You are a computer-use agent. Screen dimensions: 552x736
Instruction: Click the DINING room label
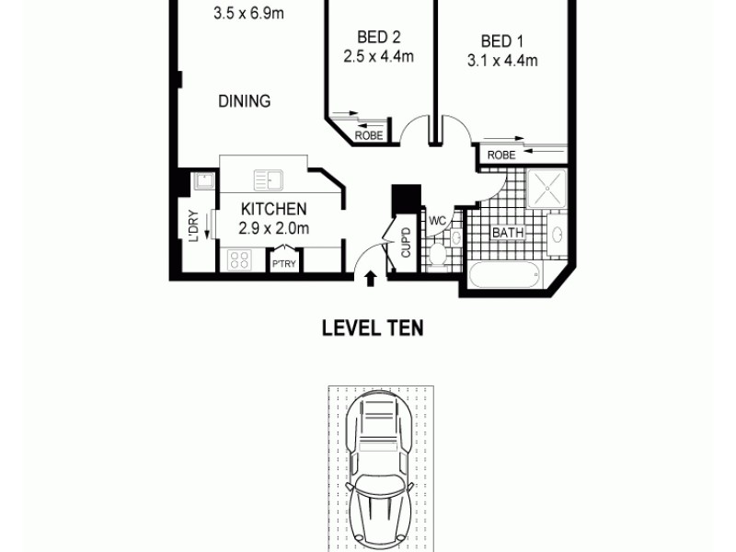pyautogui.click(x=244, y=101)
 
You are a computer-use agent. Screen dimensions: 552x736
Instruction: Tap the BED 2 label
pyautogui.click(x=379, y=38)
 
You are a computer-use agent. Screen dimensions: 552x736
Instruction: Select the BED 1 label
pyautogui.click(x=502, y=41)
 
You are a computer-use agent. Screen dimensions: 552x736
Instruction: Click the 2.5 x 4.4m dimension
pyautogui.click(x=379, y=57)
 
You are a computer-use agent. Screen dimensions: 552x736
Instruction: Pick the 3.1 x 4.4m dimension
pyautogui.click(x=502, y=61)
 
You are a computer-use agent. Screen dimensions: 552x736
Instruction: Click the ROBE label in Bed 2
pyautogui.click(x=368, y=136)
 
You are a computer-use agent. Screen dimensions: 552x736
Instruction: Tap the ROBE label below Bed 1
pyautogui.click(x=501, y=155)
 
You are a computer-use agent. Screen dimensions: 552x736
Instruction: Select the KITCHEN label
pyautogui.click(x=273, y=211)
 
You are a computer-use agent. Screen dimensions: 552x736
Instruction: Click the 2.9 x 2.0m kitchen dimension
pyautogui.click(x=273, y=229)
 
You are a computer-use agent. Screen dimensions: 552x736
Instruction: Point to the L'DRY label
pyautogui.click(x=193, y=226)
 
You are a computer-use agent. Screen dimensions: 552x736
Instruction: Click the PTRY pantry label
pyautogui.click(x=282, y=265)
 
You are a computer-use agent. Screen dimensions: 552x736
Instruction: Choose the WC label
pyautogui.click(x=438, y=221)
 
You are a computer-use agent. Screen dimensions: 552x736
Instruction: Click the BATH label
pyautogui.click(x=508, y=233)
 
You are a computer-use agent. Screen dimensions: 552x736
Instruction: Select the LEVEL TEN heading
pyautogui.click(x=372, y=328)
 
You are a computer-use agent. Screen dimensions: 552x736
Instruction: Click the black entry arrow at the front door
pyautogui.click(x=371, y=278)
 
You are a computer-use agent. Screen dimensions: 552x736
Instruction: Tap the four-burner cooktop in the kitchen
pyautogui.click(x=239, y=259)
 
